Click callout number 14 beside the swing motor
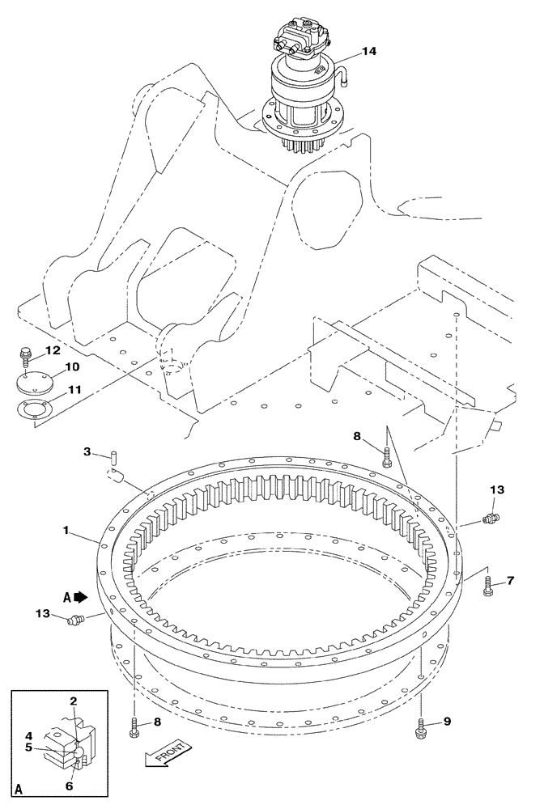[368, 51]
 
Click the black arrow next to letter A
[80, 598]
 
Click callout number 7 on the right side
[510, 580]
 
